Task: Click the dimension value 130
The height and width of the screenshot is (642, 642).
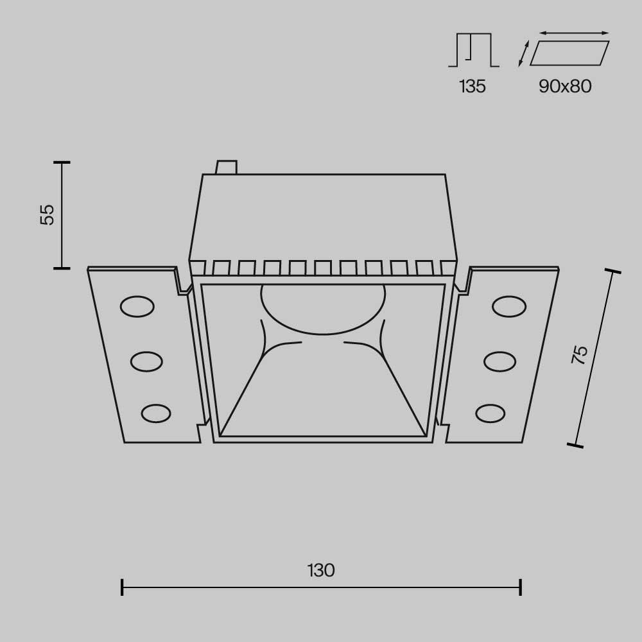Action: (x=321, y=570)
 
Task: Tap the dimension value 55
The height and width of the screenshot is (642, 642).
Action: (x=48, y=214)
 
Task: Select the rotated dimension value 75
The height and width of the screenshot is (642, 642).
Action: (x=580, y=355)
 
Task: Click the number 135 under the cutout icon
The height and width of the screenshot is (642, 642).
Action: (x=473, y=87)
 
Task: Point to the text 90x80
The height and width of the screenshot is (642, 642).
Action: (x=565, y=87)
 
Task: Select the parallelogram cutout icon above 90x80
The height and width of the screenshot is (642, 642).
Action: (x=569, y=53)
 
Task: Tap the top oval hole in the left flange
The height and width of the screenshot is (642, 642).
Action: (x=137, y=307)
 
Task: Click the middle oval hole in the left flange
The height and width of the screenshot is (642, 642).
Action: (x=146, y=361)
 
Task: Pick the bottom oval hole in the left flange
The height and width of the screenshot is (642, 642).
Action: (x=156, y=413)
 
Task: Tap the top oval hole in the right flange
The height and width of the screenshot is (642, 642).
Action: (x=510, y=307)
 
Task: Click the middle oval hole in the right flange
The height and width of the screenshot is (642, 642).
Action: (x=500, y=361)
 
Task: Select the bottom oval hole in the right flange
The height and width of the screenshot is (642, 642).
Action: (x=490, y=413)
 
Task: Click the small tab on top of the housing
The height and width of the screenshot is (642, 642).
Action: (x=227, y=168)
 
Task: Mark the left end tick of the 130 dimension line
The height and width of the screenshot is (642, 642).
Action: (x=122, y=586)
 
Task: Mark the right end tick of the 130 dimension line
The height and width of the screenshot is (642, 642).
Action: (x=521, y=586)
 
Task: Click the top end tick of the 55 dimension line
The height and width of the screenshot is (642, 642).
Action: (x=62, y=162)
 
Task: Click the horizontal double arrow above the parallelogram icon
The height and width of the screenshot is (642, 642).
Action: (x=574, y=33)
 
